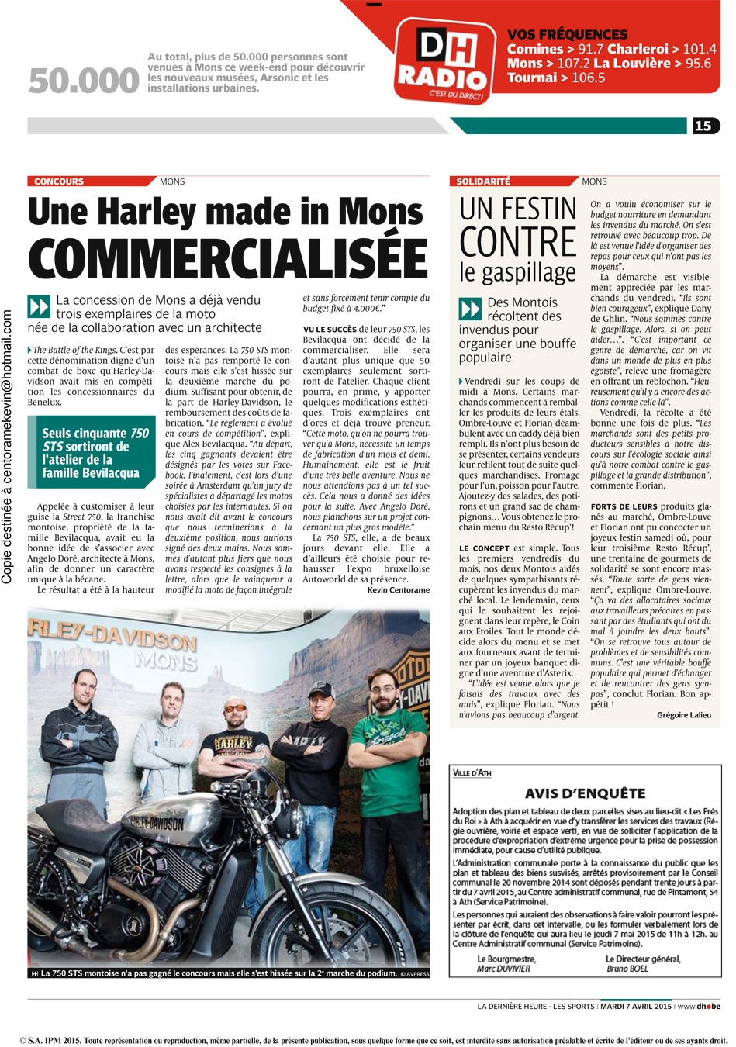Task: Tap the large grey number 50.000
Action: click(84, 81)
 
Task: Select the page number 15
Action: click(703, 126)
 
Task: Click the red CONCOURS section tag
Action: click(59, 181)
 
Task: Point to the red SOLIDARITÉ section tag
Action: click(483, 181)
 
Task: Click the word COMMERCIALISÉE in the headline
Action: click(227, 255)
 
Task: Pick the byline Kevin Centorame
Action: click(398, 590)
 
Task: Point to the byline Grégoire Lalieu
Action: click(683, 715)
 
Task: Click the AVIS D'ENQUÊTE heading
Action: click(585, 793)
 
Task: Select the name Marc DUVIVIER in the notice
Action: click(504, 969)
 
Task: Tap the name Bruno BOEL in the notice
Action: click(628, 969)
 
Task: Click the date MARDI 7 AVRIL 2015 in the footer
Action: click(636, 1007)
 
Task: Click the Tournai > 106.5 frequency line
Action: click(556, 78)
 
